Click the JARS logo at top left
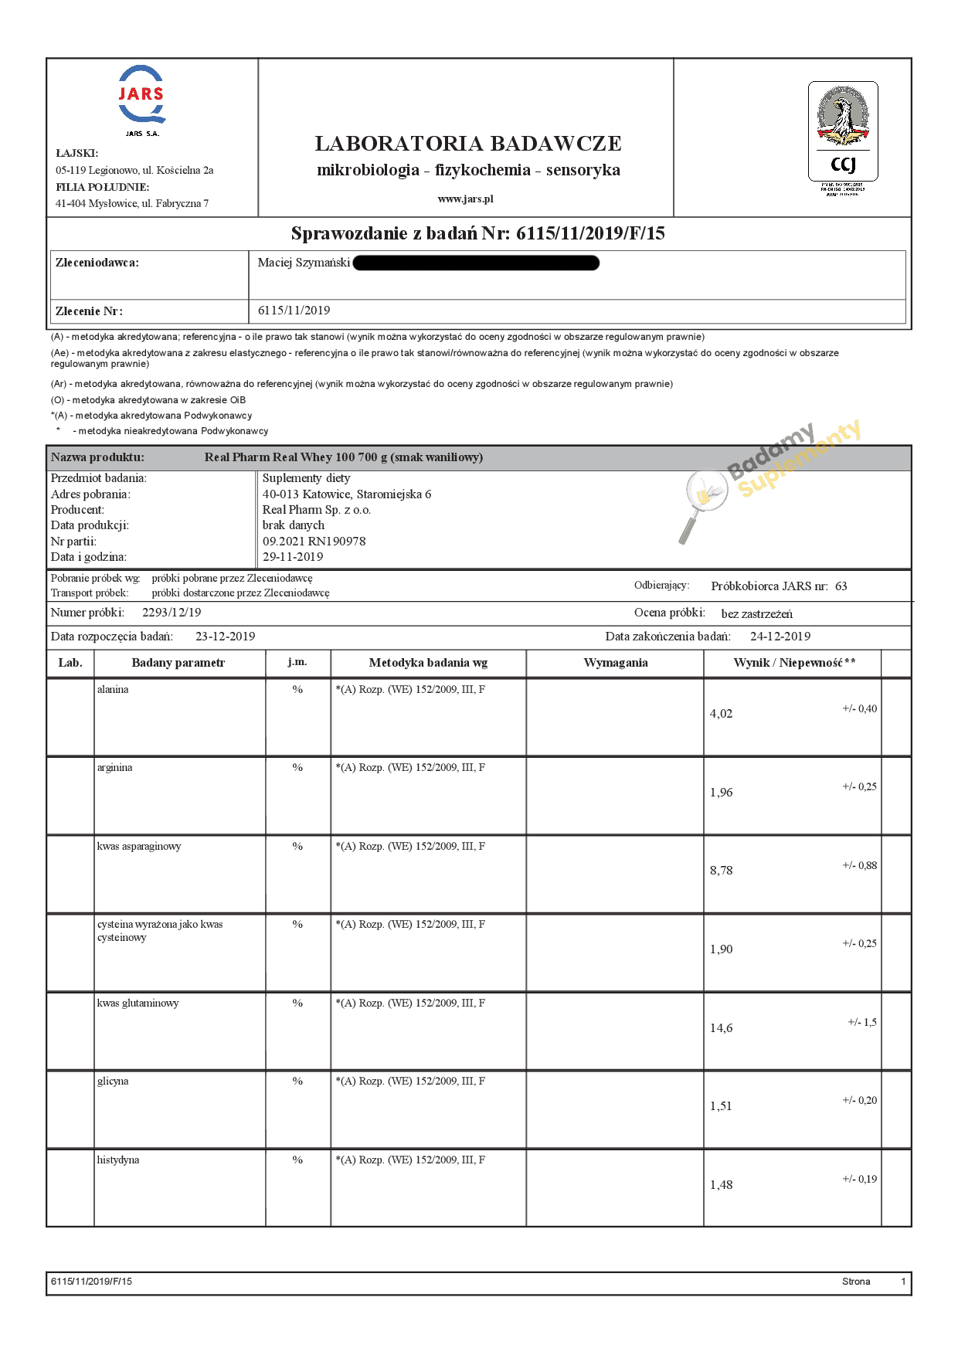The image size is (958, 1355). click(x=141, y=96)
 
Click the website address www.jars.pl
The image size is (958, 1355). click(x=465, y=199)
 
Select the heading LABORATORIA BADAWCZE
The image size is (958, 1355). click(x=468, y=144)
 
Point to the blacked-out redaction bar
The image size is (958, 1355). click(x=476, y=263)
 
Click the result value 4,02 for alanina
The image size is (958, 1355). click(x=721, y=714)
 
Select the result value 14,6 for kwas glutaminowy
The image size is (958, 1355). click(x=721, y=1028)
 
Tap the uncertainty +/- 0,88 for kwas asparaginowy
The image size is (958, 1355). click(x=859, y=866)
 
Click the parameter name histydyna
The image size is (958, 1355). click(x=118, y=1160)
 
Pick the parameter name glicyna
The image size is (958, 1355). click(x=113, y=1082)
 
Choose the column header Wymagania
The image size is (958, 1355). click(x=615, y=663)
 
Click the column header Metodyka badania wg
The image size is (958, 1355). click(x=428, y=663)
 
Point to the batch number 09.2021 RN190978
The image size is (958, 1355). click(x=314, y=542)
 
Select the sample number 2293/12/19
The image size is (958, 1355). click(x=172, y=613)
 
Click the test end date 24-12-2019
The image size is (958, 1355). click(x=780, y=637)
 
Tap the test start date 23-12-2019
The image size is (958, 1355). click(x=225, y=637)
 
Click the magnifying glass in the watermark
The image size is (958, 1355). click(x=702, y=502)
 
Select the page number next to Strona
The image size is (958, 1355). click(x=903, y=1282)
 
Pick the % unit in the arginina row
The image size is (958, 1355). click(x=297, y=768)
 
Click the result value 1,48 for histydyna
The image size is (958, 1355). click(x=721, y=1185)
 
